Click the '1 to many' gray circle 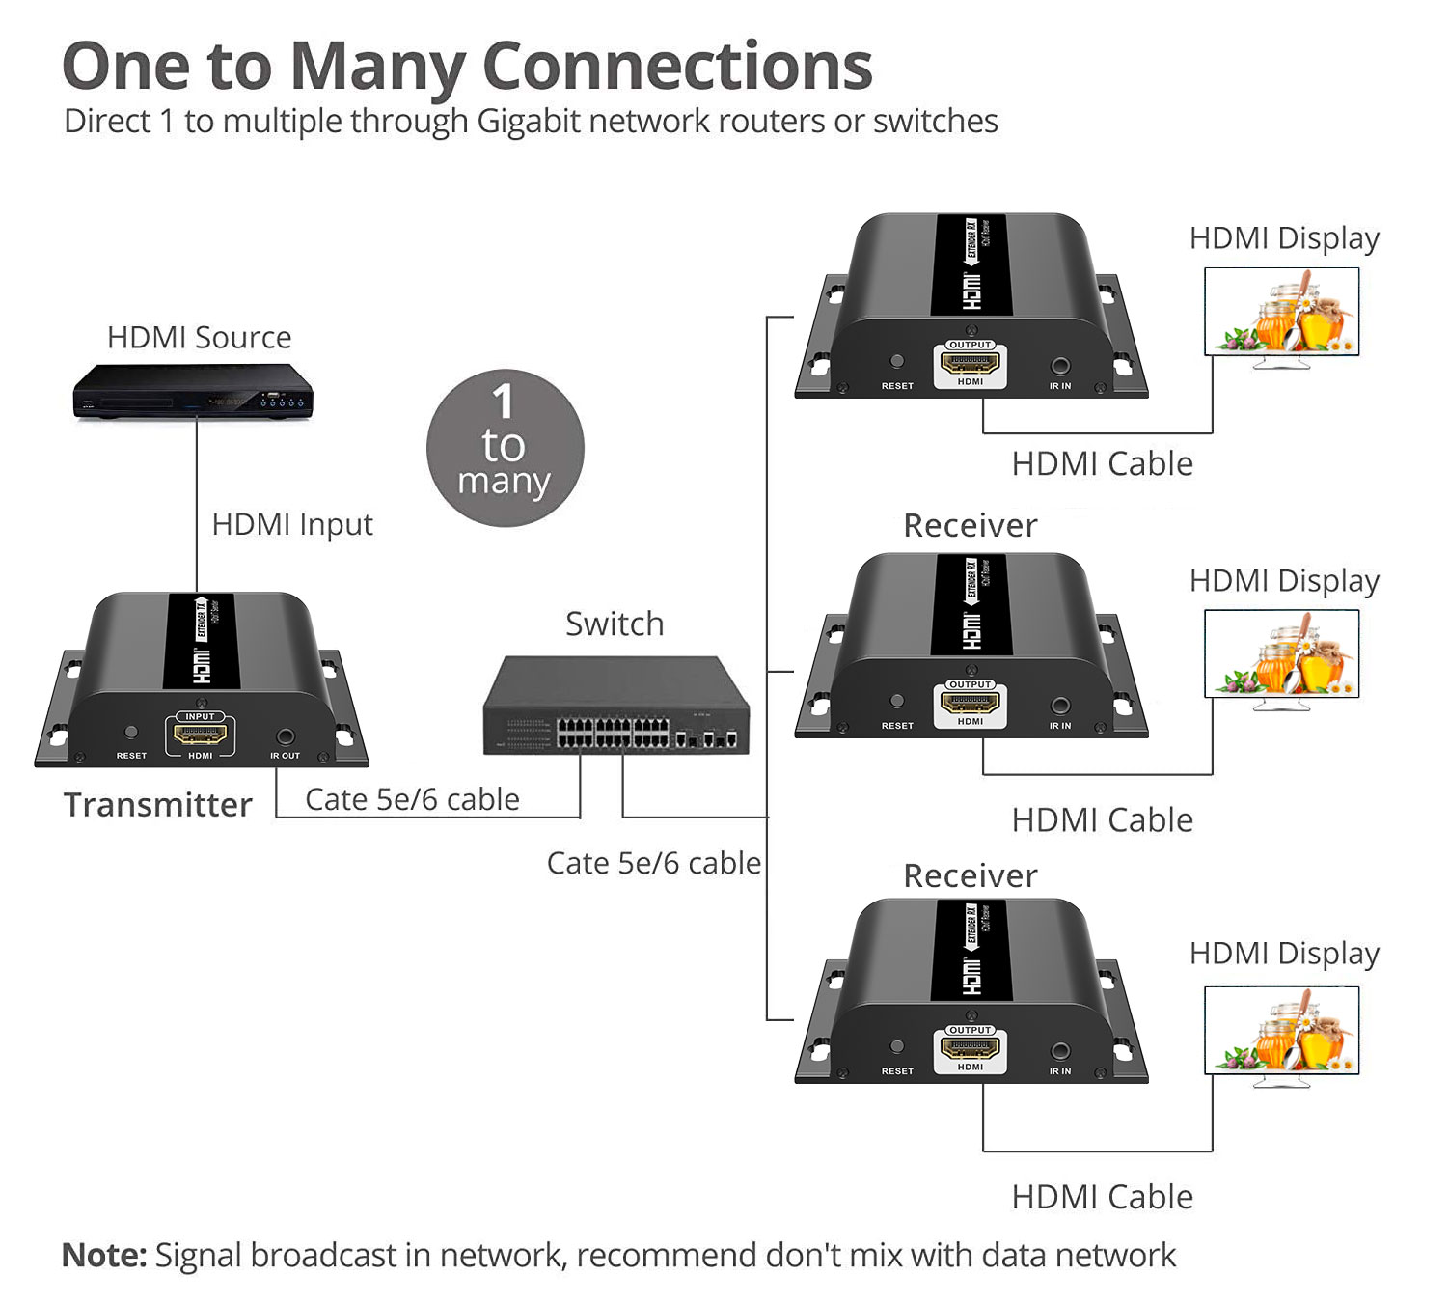click(x=505, y=448)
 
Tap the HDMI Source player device click(x=193, y=391)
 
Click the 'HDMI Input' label click(x=291, y=524)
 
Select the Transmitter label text click(x=157, y=804)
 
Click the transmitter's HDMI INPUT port click(x=200, y=735)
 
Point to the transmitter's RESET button click(x=131, y=733)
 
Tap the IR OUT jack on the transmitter click(x=285, y=736)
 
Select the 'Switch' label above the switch click(x=615, y=624)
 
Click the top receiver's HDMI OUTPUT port click(x=971, y=364)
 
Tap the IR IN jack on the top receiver click(x=1060, y=366)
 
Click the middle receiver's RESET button click(x=897, y=702)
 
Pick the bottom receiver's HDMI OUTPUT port click(x=971, y=1049)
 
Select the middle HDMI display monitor click(x=1281, y=654)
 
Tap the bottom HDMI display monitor click(x=1281, y=1031)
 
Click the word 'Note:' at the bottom click(x=104, y=1255)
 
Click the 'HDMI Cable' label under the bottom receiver click(x=1102, y=1197)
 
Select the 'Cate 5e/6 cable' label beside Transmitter click(x=412, y=799)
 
